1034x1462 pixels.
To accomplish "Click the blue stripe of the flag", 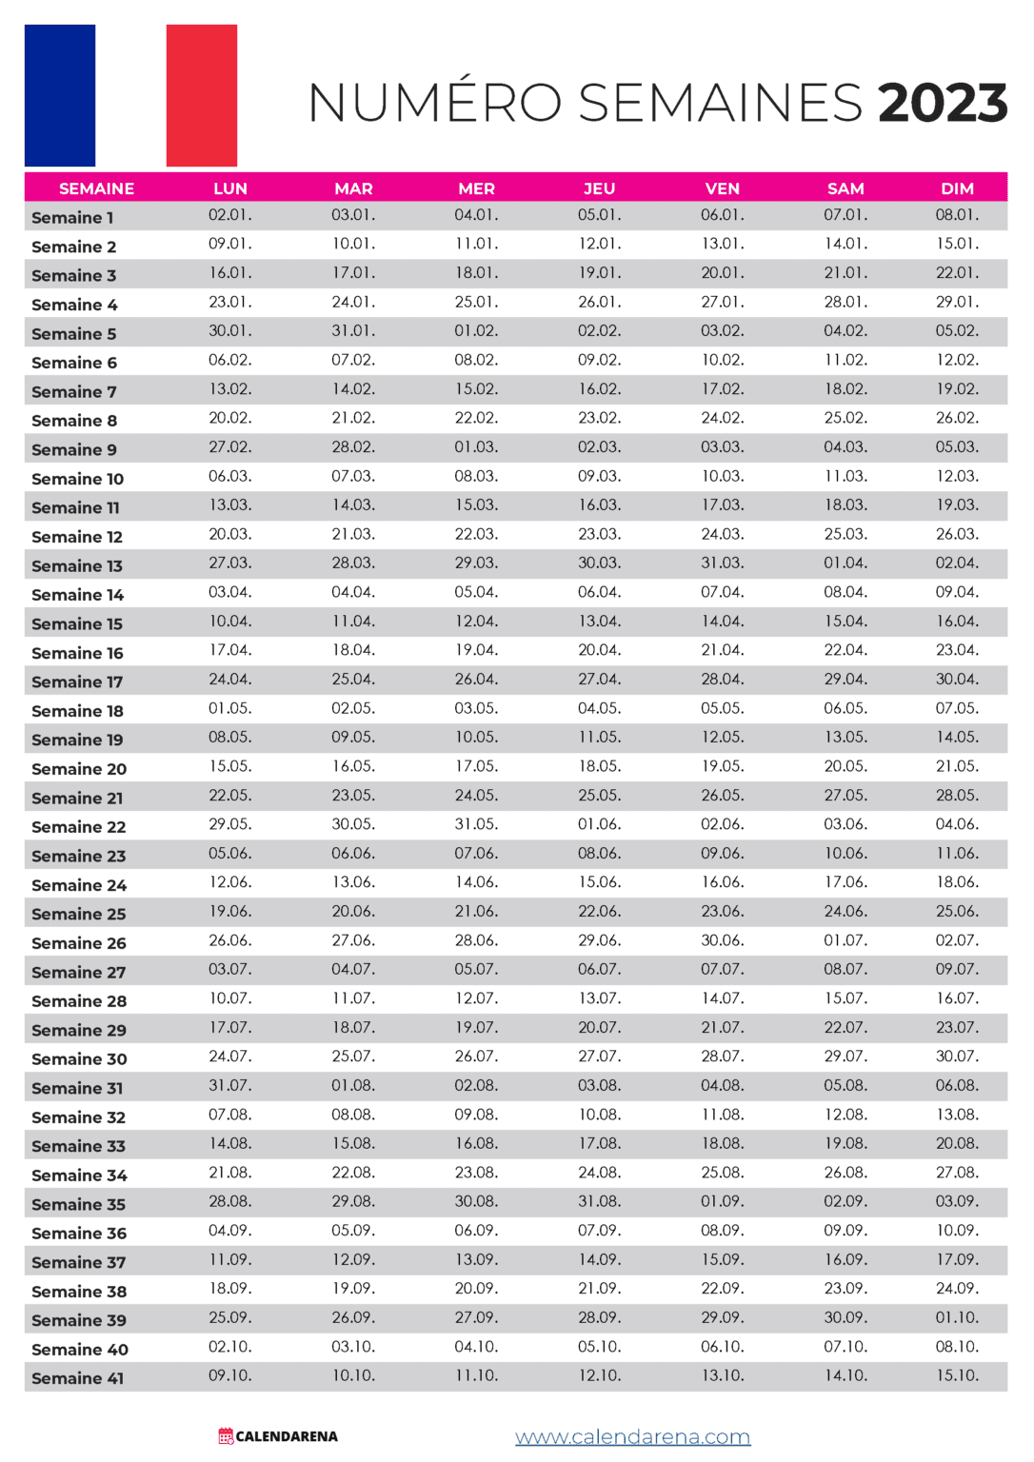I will pyautogui.click(x=60, y=95).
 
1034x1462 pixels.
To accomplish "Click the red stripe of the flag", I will pyautogui.click(x=201, y=95).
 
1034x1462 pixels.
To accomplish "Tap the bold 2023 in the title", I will pyautogui.click(x=942, y=103).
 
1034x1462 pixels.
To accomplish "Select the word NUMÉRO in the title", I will pyautogui.click(x=435, y=103).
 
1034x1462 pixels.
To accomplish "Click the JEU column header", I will pyautogui.click(x=599, y=188).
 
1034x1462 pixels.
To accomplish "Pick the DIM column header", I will pyautogui.click(x=957, y=188).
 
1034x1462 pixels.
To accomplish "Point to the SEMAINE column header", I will pyautogui.click(x=96, y=188).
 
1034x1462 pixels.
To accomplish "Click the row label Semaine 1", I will pyautogui.click(x=72, y=218).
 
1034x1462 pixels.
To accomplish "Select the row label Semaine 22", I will pyautogui.click(x=78, y=827).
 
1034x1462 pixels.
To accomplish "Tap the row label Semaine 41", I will pyautogui.click(x=77, y=1378).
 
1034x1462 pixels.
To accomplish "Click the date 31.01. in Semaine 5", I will pyautogui.click(x=353, y=331).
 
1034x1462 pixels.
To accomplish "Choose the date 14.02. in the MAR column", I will pyautogui.click(x=353, y=389).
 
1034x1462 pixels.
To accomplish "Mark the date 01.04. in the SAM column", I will pyautogui.click(x=845, y=563).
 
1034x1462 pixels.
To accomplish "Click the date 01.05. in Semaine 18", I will pyautogui.click(x=230, y=708).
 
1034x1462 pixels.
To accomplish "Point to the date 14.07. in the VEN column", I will pyautogui.click(x=723, y=998).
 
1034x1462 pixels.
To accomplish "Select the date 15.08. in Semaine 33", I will pyautogui.click(x=353, y=1143).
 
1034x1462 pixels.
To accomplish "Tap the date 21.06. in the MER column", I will pyautogui.click(x=476, y=911).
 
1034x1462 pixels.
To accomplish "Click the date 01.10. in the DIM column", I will pyautogui.click(x=957, y=1317).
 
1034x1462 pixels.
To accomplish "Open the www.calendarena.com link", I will pyautogui.click(x=632, y=1437).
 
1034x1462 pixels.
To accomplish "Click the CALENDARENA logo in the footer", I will pyautogui.click(x=278, y=1436).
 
